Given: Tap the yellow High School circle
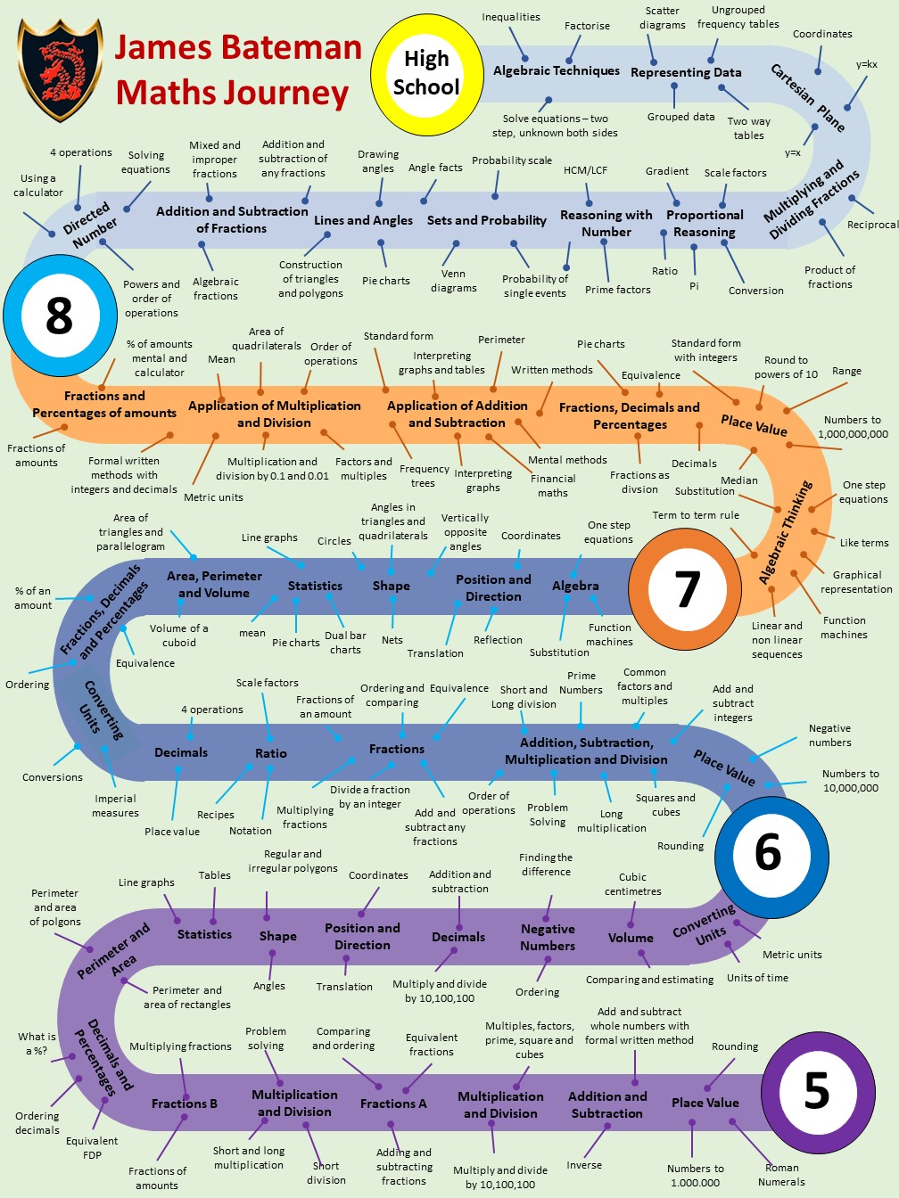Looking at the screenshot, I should tap(426, 73).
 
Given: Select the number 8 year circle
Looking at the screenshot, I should tap(59, 315).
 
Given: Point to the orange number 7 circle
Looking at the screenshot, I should tap(686, 588).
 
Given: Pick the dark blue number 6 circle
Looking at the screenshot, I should tap(768, 852).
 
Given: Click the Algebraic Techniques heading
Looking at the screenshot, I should tap(557, 70).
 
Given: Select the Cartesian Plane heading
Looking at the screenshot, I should tap(808, 97).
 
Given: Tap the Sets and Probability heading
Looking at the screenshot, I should tap(486, 220).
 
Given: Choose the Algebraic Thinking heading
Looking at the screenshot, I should tap(786, 532).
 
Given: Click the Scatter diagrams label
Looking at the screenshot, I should tap(663, 18).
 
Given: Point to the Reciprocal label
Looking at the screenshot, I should tap(872, 225).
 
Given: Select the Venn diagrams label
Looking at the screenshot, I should tap(454, 281).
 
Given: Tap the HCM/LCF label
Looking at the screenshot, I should tap(585, 169).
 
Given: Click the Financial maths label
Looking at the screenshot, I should tap(553, 485).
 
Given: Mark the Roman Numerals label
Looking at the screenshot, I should tap(781, 1175).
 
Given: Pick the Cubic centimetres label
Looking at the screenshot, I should tap(633, 884).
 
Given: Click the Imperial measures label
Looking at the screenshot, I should tap(116, 806).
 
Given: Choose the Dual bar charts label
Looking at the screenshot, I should tap(345, 643).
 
